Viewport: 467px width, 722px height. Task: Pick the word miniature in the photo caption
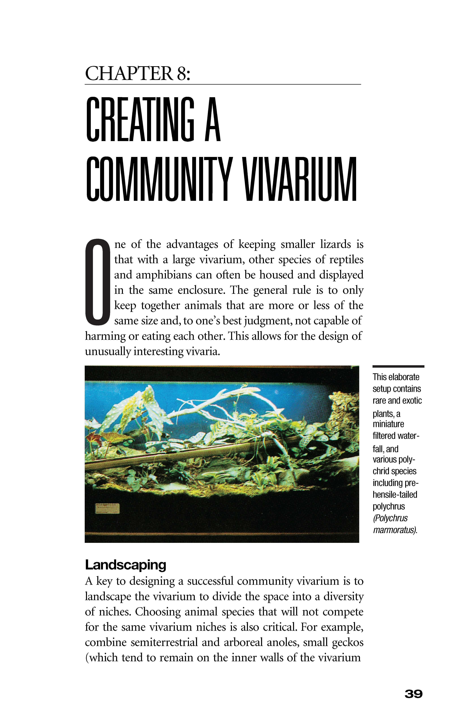(389, 424)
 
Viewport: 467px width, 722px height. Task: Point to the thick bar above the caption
(398, 367)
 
